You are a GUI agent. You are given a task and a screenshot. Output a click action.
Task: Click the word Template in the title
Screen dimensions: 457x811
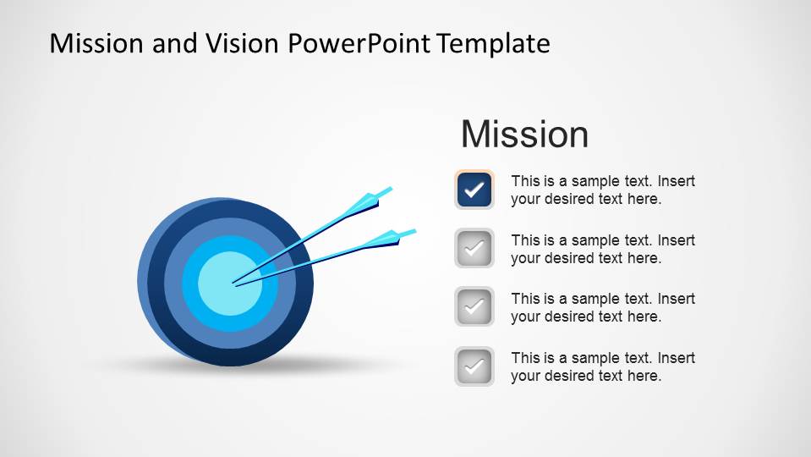pos(494,43)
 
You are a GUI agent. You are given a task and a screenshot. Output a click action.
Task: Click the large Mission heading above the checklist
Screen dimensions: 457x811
pos(524,135)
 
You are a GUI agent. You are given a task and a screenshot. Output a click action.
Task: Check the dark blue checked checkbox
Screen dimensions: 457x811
pos(474,190)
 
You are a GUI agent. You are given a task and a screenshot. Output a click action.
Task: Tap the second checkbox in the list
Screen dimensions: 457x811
pos(474,249)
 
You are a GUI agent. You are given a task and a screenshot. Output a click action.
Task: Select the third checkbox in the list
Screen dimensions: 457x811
pos(474,307)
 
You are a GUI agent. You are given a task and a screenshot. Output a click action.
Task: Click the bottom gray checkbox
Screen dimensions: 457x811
pos(474,366)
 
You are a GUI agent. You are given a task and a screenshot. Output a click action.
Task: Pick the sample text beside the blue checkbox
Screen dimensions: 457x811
pos(602,190)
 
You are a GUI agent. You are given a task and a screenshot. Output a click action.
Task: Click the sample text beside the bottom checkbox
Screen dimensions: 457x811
pos(602,367)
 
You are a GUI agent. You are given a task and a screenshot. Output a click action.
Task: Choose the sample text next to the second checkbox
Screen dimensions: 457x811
pos(602,250)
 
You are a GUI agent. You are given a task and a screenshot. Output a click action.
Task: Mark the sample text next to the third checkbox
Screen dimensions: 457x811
pos(602,308)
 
